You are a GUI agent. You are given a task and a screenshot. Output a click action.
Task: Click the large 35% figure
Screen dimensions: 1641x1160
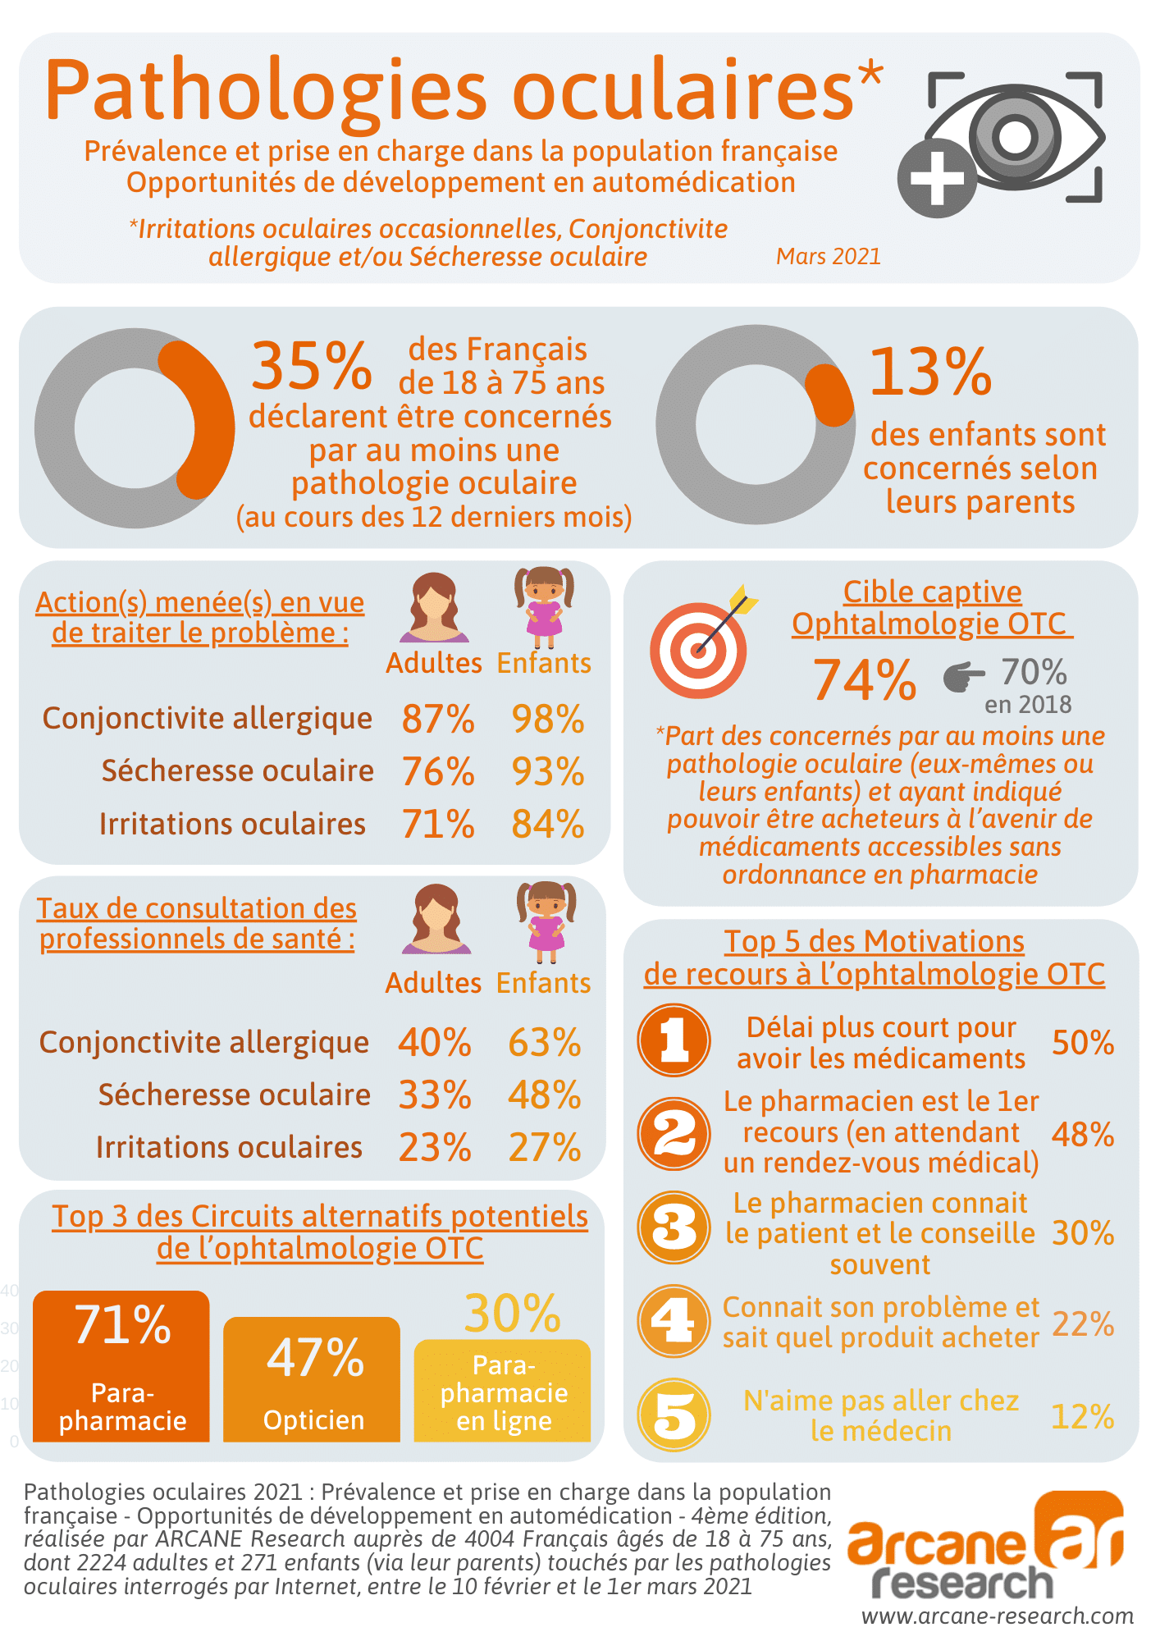[x=311, y=367]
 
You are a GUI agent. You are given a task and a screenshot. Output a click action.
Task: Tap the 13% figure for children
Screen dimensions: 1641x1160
[x=930, y=373]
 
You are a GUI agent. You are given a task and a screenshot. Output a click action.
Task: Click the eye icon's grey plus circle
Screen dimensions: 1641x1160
[x=937, y=178]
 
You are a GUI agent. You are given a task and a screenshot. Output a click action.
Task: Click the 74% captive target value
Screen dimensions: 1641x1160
[x=864, y=681]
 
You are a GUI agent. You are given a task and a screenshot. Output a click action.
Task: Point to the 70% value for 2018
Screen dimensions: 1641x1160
[x=1033, y=673]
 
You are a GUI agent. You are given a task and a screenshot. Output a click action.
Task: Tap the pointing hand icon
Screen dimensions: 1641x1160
[x=963, y=677]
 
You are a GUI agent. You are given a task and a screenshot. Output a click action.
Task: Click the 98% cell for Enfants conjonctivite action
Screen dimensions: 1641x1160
[x=548, y=720]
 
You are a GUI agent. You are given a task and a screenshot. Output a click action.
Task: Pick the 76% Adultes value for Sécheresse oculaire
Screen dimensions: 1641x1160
[x=438, y=772]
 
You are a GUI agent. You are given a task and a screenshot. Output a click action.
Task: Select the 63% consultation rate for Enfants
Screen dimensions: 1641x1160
[x=545, y=1043]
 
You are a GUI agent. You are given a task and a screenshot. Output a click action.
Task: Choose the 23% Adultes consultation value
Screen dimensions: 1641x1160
[x=435, y=1148]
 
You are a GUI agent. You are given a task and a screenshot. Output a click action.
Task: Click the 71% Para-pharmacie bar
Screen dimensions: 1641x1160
[x=121, y=1367]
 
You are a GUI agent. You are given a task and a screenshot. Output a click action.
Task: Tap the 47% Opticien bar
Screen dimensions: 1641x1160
[x=312, y=1380]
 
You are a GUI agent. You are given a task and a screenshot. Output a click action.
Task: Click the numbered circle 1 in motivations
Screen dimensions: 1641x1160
[x=674, y=1040]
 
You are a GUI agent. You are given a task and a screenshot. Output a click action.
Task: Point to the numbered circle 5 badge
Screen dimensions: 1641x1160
[x=674, y=1415]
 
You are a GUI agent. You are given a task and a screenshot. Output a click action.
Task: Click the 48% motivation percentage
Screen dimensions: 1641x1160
[x=1082, y=1135]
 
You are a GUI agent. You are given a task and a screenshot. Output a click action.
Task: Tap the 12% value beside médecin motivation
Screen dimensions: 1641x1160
[x=1082, y=1417]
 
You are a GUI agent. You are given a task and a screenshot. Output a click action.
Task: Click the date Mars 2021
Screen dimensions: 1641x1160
[x=828, y=257]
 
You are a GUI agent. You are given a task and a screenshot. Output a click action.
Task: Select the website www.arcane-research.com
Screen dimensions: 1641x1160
[x=997, y=1616]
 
